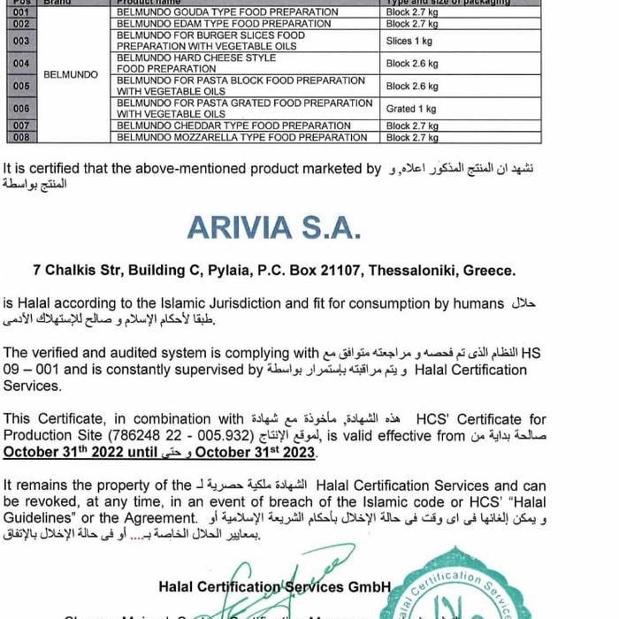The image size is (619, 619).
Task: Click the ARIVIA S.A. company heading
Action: [274, 227]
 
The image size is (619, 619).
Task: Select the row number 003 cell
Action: [22, 41]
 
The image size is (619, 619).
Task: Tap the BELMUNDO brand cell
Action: [71, 75]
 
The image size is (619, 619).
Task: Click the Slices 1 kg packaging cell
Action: [409, 41]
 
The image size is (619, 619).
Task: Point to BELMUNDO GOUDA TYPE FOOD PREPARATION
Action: [227, 12]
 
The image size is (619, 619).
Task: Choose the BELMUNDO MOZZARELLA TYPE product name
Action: [241, 137]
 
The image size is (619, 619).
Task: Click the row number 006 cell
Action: [22, 109]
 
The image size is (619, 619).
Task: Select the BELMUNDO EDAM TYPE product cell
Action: [224, 24]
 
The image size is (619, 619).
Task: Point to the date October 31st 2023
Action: [255, 453]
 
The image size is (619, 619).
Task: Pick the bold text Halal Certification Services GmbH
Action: [275, 585]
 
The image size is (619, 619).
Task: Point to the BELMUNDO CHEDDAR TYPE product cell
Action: [233, 126]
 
